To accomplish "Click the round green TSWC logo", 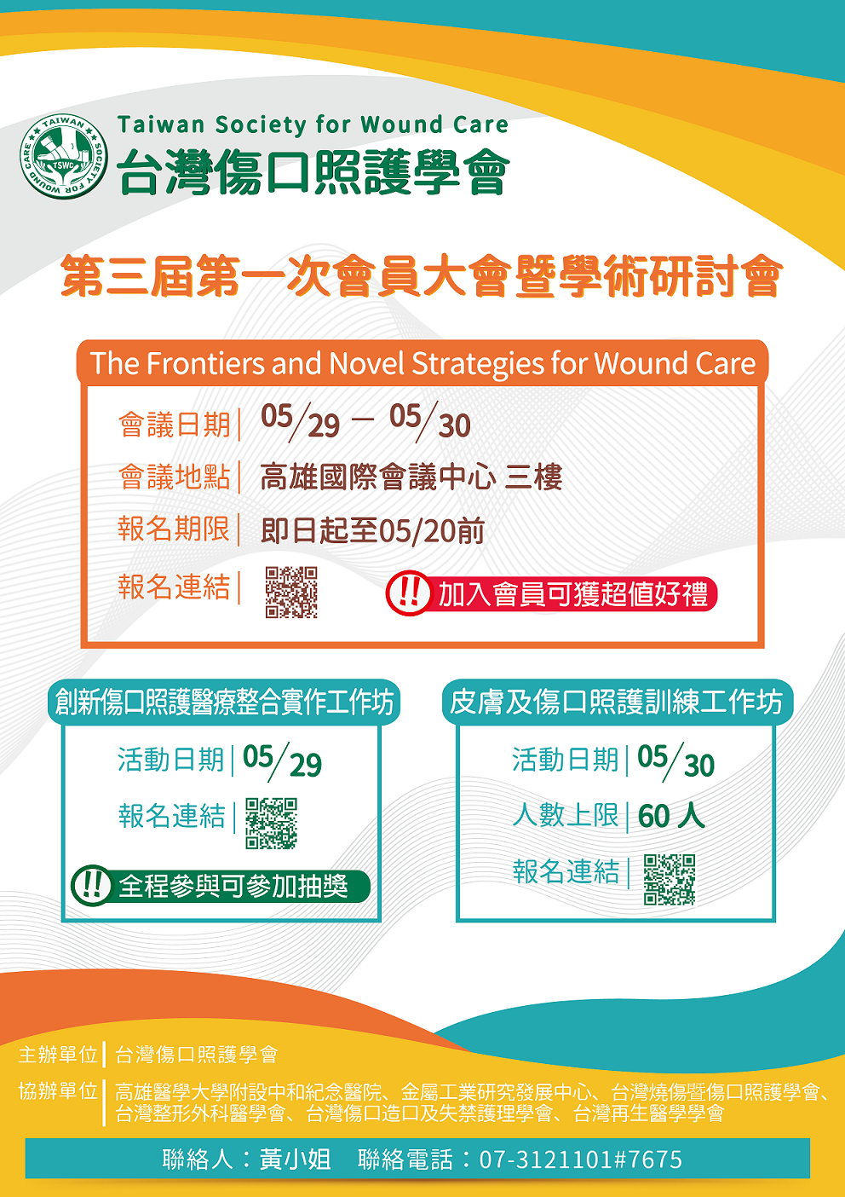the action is pyautogui.click(x=64, y=157).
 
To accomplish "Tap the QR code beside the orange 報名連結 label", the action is pyautogui.click(x=291, y=592).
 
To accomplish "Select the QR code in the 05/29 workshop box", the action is pyautogui.click(x=271, y=824).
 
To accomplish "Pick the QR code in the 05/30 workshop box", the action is pyautogui.click(x=670, y=880).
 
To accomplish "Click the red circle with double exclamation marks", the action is pyautogui.click(x=408, y=593).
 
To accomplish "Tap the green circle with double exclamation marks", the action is pyautogui.click(x=92, y=886).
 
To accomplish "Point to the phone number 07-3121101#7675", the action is pyautogui.click(x=581, y=1159).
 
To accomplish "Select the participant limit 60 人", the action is pyautogui.click(x=671, y=816).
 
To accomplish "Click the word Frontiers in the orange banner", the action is pyautogui.click(x=205, y=363).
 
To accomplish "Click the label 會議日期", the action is pyautogui.click(x=174, y=425).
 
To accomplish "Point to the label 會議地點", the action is pyautogui.click(x=174, y=477).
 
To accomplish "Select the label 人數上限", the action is pyautogui.click(x=566, y=815).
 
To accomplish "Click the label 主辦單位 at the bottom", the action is pyautogui.click(x=58, y=1055).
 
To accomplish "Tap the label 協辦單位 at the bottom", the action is pyautogui.click(x=58, y=1090).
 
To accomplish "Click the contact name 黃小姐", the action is pyautogui.click(x=296, y=1159).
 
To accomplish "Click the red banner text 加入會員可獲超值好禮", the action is pyautogui.click(x=572, y=594).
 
